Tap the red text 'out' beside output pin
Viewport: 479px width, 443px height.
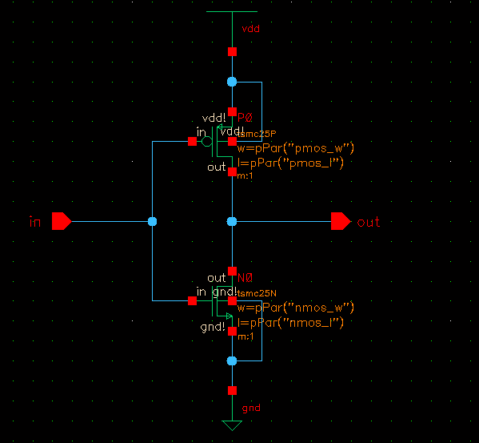coord(369,222)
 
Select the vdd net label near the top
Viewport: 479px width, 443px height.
coord(250,28)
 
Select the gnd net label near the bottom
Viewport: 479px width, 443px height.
coord(250,408)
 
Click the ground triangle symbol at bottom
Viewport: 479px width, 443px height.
coord(232,425)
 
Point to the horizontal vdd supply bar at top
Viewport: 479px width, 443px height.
coord(232,12)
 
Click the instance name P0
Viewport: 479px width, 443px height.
coord(245,118)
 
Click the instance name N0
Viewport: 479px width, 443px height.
coord(245,278)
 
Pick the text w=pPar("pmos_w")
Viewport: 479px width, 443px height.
coord(295,148)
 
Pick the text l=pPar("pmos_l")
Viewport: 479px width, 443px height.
coord(289,163)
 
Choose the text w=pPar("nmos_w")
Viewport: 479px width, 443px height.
coord(295,308)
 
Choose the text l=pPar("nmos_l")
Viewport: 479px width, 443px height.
coord(289,322)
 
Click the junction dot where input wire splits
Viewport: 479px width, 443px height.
coord(152,221)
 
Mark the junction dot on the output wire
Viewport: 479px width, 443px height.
coord(232,221)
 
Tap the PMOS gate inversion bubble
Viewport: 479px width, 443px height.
coord(206,142)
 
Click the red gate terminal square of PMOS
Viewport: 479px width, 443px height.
coord(192,142)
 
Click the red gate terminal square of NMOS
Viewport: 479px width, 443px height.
coord(192,300)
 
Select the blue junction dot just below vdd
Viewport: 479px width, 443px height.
coord(232,82)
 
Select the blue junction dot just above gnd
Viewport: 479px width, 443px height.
coord(232,361)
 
